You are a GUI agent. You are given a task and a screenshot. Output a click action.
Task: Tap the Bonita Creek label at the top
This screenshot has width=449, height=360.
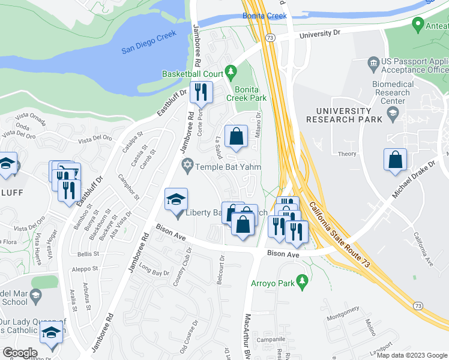(x=265, y=16)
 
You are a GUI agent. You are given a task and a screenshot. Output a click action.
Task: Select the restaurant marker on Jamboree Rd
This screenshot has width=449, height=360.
(x=200, y=92)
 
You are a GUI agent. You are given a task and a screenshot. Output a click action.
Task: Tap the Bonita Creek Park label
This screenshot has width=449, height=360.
(x=246, y=92)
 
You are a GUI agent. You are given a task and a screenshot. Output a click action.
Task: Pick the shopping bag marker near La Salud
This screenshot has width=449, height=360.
(x=237, y=136)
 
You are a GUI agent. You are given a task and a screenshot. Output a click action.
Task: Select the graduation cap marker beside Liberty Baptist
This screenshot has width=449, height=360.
(x=176, y=199)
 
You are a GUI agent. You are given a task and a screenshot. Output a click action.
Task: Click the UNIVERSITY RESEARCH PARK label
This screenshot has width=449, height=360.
(x=344, y=115)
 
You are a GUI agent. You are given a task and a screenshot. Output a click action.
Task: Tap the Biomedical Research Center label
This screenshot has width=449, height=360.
(x=393, y=93)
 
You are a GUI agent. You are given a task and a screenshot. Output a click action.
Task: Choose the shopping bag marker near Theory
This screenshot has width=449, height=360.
(x=395, y=160)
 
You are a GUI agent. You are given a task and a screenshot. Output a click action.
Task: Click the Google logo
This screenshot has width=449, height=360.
(x=20, y=353)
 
